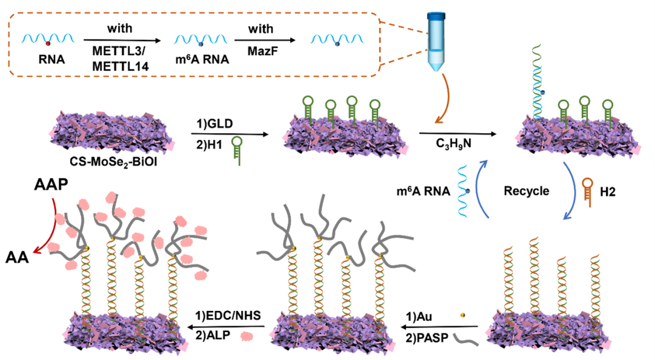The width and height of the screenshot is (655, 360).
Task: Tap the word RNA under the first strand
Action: (x=47, y=60)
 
